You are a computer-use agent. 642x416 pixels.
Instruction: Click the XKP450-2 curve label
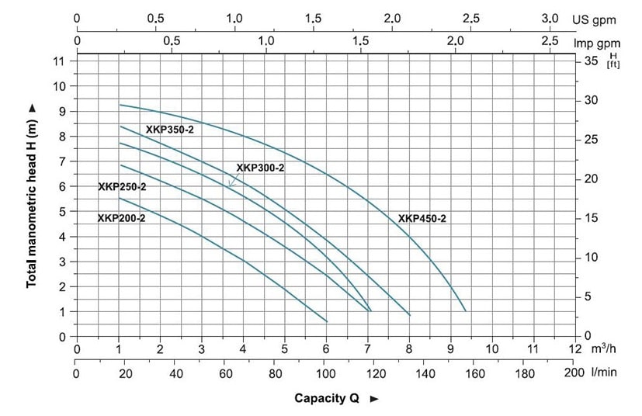422,219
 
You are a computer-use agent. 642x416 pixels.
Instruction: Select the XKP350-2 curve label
169,130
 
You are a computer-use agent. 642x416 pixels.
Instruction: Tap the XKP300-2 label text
260,168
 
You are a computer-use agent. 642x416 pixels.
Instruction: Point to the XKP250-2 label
122,186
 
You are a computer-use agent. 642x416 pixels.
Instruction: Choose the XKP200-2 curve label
121,218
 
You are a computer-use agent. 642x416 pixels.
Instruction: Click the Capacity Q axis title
326,399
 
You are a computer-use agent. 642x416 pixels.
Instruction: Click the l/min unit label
603,373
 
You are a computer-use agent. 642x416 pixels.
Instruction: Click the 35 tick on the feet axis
590,61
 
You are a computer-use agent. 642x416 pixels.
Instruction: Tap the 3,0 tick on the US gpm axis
550,19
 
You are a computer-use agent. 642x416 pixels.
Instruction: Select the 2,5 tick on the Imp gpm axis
550,42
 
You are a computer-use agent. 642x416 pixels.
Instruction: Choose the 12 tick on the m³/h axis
574,351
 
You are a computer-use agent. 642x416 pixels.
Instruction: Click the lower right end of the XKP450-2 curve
465,311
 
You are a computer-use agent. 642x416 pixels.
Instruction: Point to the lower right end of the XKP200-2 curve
327,321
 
